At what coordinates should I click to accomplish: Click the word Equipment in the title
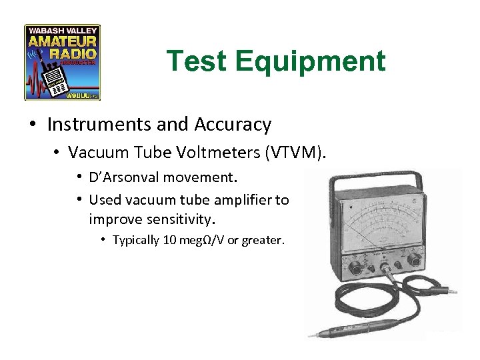(x=310, y=61)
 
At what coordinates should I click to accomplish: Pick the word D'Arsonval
(x=131, y=179)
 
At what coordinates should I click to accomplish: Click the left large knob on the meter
(x=356, y=268)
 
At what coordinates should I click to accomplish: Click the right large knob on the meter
(x=415, y=261)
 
